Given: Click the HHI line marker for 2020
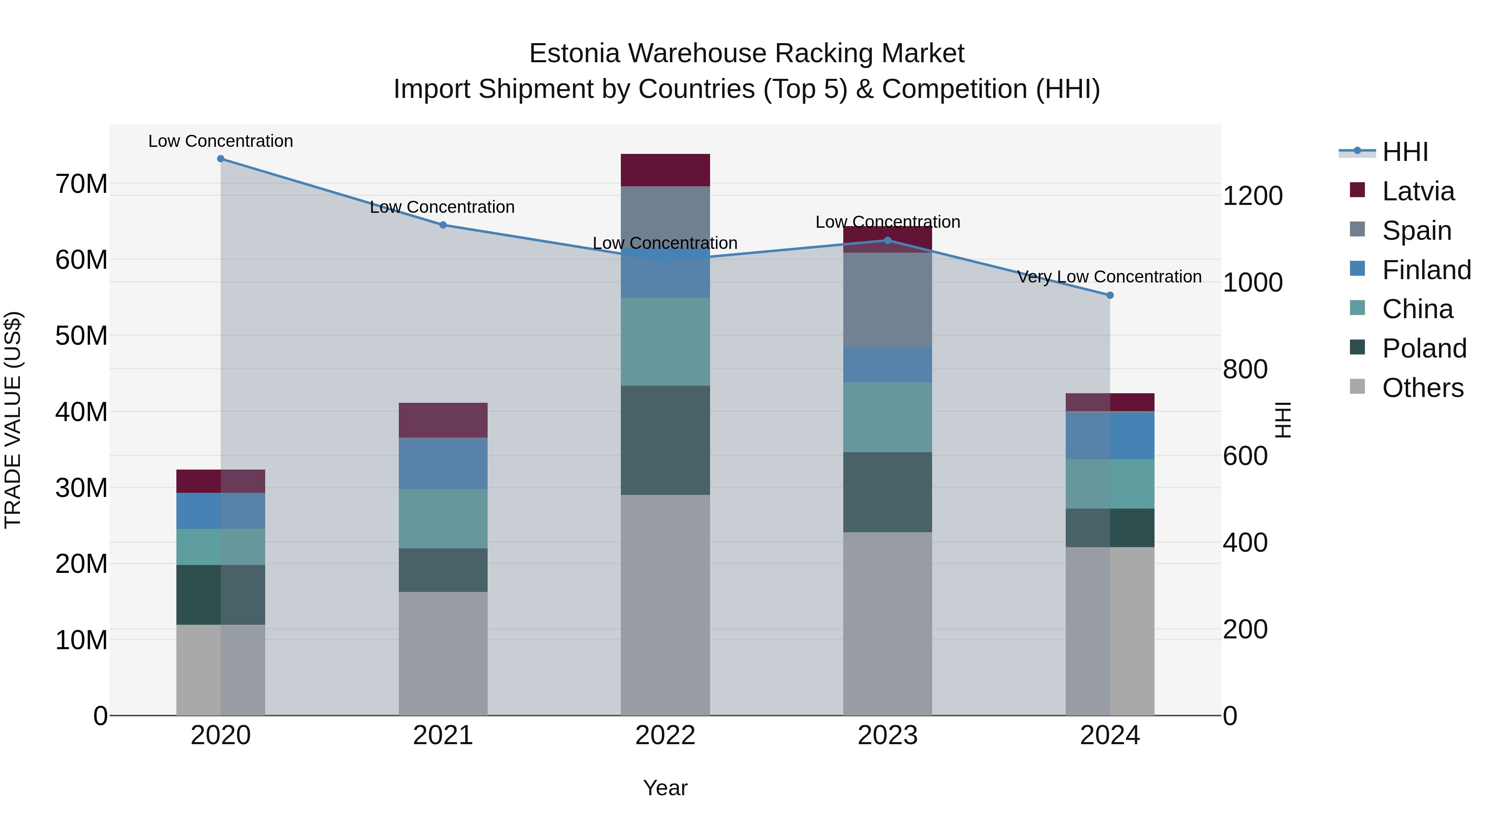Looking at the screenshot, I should [x=220, y=159].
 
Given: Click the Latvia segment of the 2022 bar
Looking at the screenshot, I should [x=665, y=170].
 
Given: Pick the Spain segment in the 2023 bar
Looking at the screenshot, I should [x=887, y=300].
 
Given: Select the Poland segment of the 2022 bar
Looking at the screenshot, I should [x=665, y=440].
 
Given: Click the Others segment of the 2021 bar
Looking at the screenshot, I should [x=443, y=653].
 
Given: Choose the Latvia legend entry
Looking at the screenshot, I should [x=1418, y=191].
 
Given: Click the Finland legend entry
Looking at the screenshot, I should [x=1426, y=270].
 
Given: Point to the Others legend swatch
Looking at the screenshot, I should [x=1358, y=386].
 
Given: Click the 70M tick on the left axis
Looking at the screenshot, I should [x=81, y=184].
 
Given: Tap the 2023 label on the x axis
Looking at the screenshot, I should [x=887, y=735].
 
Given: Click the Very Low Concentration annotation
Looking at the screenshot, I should [x=1109, y=277].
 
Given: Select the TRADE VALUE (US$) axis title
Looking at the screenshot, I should [x=13, y=420].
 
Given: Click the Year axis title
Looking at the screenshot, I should [x=665, y=788].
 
